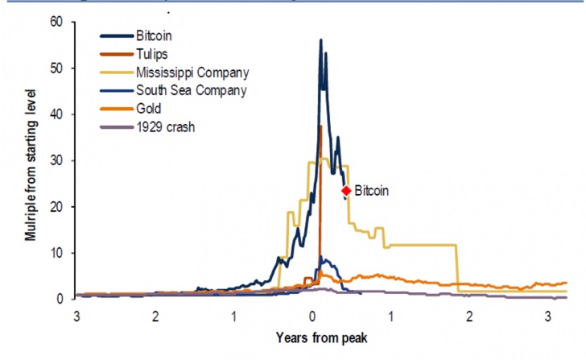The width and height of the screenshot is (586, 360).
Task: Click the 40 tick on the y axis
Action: (55, 114)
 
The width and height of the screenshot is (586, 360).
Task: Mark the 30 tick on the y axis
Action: (55, 160)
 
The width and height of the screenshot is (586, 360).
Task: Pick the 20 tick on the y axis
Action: (55, 207)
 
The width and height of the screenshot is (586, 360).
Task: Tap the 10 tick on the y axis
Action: (55, 253)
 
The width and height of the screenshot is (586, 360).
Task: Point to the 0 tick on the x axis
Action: (312, 314)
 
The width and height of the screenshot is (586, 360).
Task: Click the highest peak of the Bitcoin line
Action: (320, 39)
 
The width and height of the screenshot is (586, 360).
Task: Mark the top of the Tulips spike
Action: (320, 126)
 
